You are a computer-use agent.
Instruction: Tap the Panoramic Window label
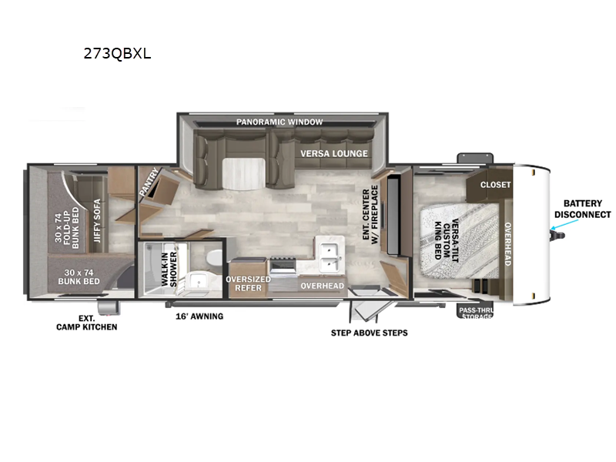[x=280, y=122]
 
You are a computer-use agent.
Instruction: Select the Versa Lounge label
[x=334, y=153]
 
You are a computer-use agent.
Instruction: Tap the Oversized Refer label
[x=248, y=283]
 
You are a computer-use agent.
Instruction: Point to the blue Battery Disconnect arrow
[x=561, y=226]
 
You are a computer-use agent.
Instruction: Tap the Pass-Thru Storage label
[x=477, y=312]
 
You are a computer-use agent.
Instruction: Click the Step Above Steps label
[x=369, y=333]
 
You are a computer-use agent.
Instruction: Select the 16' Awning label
[x=198, y=316]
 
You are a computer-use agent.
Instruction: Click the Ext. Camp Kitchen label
[x=87, y=322]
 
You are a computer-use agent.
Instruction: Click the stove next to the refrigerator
[x=283, y=266]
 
